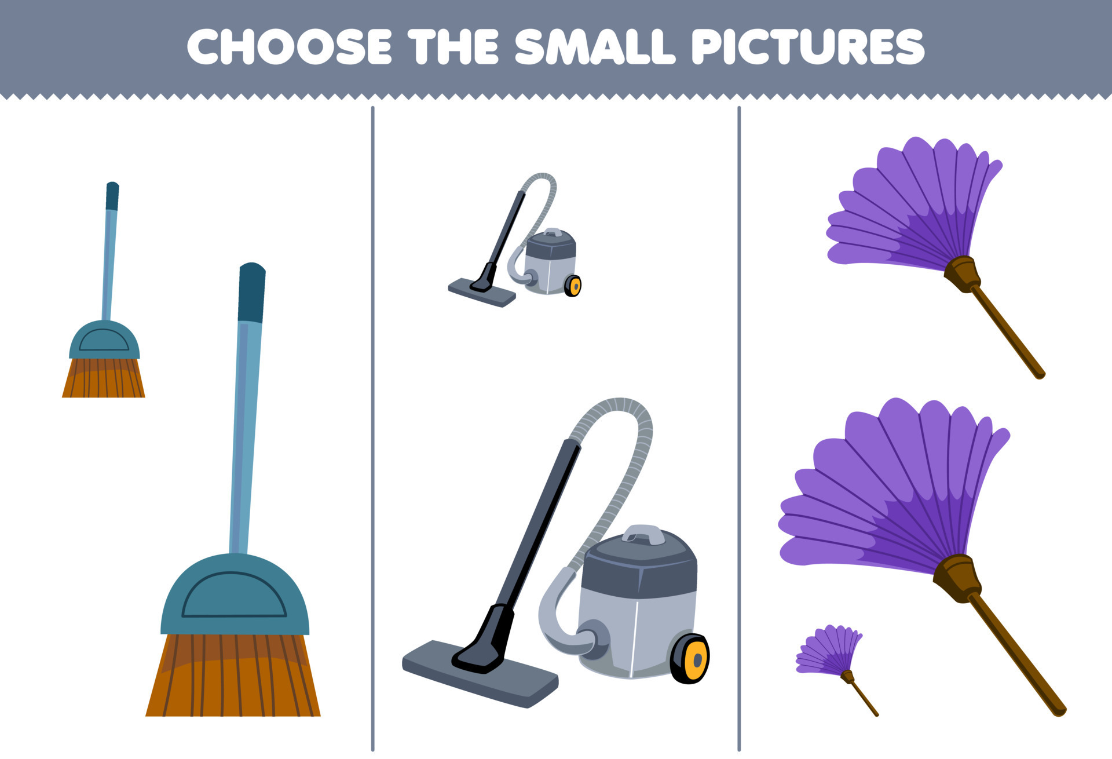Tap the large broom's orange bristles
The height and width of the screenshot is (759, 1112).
233,678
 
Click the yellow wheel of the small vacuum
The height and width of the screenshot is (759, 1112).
573,286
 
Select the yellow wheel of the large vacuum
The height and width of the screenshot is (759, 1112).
692,659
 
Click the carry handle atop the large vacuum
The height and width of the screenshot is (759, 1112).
644,534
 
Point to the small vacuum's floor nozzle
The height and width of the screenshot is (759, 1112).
481,292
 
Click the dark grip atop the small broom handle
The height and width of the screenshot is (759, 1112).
112,196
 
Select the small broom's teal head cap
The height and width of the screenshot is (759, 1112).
104,341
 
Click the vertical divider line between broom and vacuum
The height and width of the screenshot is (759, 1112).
372,429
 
